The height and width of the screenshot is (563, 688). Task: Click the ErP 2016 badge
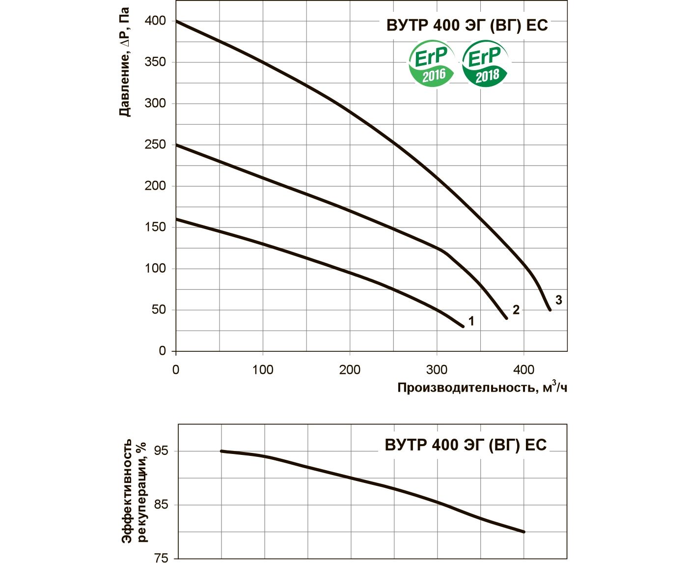pyautogui.click(x=432, y=64)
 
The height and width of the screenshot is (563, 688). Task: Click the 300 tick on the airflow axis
pyautogui.click(x=437, y=369)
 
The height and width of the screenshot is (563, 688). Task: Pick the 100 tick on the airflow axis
pyautogui.click(x=263, y=369)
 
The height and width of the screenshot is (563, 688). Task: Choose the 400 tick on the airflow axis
pyautogui.click(x=523, y=369)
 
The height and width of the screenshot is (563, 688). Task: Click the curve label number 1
pyautogui.click(x=471, y=321)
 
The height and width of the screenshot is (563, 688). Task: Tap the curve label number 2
pyautogui.click(x=516, y=310)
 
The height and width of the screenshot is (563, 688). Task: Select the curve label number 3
pyautogui.click(x=558, y=300)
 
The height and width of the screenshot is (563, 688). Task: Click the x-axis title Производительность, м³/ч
pyautogui.click(x=482, y=388)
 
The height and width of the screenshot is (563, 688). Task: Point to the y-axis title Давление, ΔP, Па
pyautogui.click(x=125, y=61)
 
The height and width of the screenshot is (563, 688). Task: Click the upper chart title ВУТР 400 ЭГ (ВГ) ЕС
pyautogui.click(x=467, y=25)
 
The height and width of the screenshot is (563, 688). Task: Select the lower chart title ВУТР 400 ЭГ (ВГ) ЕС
pyautogui.click(x=466, y=445)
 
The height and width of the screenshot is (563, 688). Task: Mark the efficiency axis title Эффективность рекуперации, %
pyautogui.click(x=134, y=490)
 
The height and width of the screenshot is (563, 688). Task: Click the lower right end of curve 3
pyautogui.click(x=550, y=310)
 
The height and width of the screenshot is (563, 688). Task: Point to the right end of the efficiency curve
pyautogui.click(x=524, y=532)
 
